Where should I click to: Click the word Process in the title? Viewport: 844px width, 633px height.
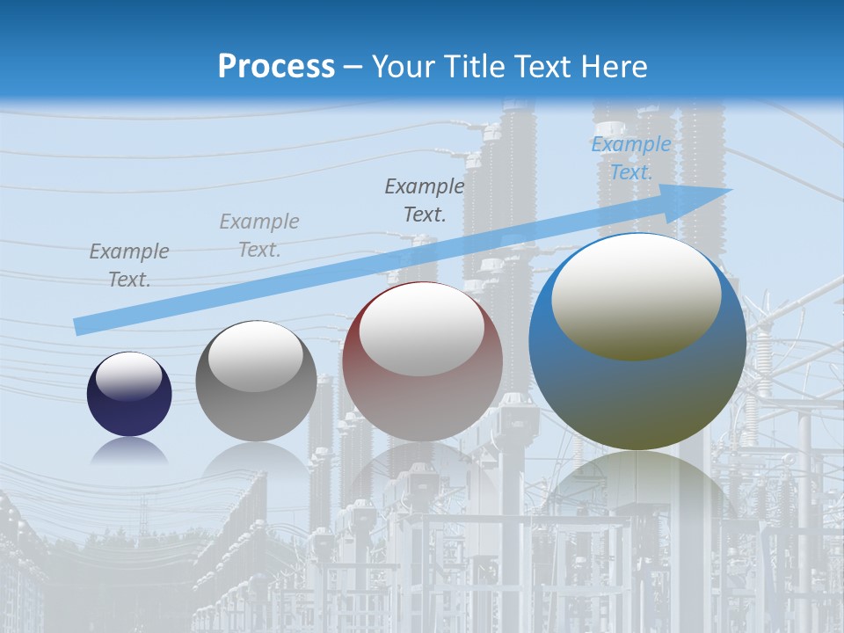coord(276,67)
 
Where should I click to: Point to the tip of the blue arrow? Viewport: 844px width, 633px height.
coord(730,189)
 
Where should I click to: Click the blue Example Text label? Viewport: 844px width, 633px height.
coord(630,158)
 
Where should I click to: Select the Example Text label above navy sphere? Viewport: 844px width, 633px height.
coord(129,266)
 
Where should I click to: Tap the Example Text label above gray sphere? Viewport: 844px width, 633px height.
coord(259,236)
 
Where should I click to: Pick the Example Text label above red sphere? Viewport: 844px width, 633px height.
coord(425,200)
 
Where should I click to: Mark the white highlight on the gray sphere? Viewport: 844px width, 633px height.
coord(256,356)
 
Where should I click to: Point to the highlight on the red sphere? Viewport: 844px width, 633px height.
coord(422,330)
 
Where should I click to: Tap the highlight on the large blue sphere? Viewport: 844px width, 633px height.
coord(637,295)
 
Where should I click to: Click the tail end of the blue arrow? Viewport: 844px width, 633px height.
coord(79,326)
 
